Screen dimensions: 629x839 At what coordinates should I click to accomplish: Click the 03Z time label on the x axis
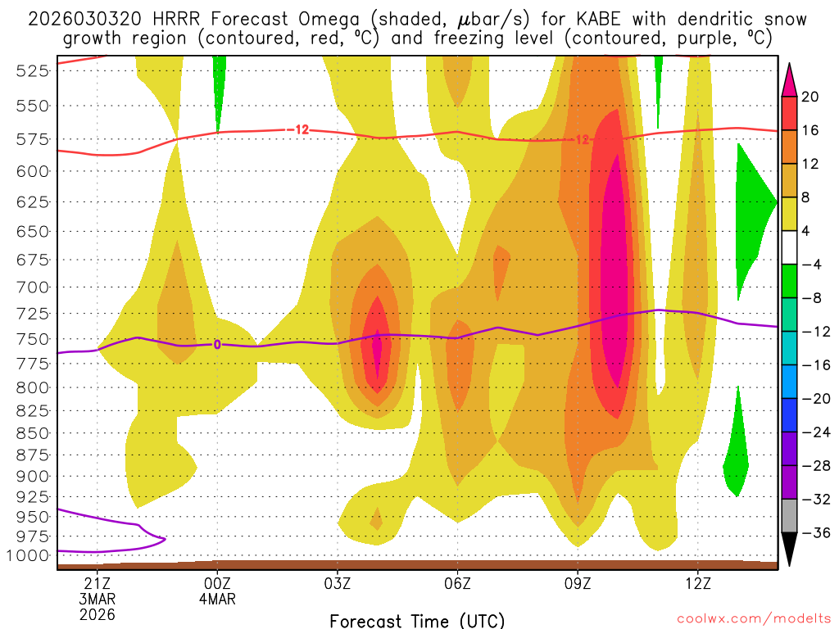pyautogui.click(x=338, y=583)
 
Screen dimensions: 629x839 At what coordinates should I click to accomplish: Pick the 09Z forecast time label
pyautogui.click(x=578, y=583)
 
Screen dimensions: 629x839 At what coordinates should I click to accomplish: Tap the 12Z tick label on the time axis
pyautogui.click(x=697, y=583)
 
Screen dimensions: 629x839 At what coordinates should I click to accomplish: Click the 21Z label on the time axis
pyautogui.click(x=98, y=583)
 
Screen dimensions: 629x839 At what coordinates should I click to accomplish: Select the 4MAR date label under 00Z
pyautogui.click(x=217, y=599)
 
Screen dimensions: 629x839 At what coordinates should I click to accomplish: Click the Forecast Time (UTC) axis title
pyautogui.click(x=417, y=621)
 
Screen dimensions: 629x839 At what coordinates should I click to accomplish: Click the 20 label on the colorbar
pyautogui.click(x=810, y=97)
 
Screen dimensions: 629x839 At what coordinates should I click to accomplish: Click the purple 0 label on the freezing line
pyautogui.click(x=217, y=345)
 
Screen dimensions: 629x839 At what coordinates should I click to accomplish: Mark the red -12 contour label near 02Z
pyautogui.click(x=298, y=130)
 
